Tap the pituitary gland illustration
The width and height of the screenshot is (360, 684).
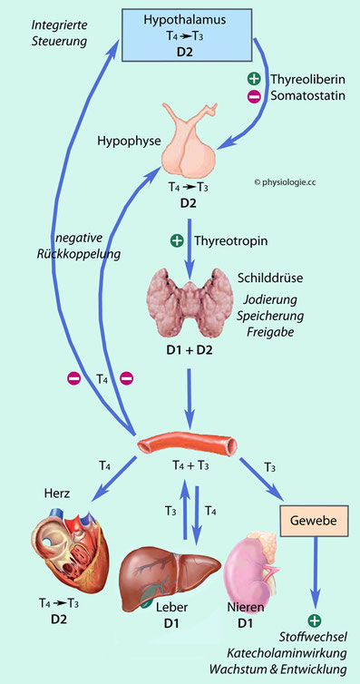click(x=190, y=140)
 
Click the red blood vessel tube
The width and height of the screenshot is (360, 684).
click(x=188, y=445)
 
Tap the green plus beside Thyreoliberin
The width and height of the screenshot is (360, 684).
click(x=254, y=79)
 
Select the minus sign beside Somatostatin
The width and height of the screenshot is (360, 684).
click(x=254, y=97)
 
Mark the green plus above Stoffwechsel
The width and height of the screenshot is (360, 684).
click(x=315, y=620)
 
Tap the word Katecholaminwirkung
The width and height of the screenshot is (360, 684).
click(x=287, y=653)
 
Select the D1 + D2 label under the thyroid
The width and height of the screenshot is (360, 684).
click(x=190, y=349)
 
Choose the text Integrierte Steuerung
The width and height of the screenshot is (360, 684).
click(x=60, y=34)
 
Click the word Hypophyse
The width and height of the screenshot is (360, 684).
click(x=123, y=141)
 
